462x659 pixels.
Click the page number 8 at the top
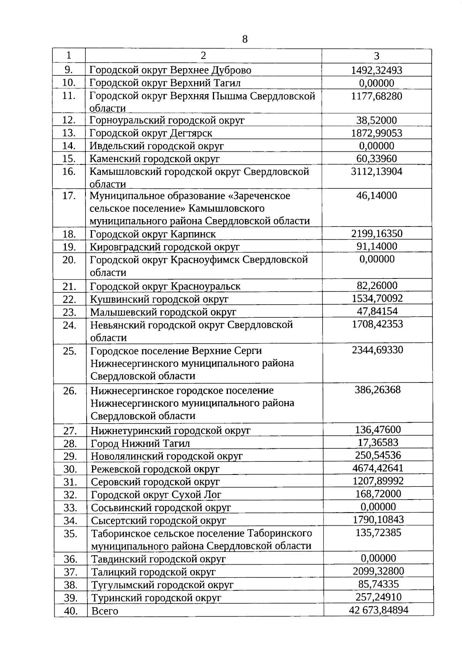(x=245, y=39)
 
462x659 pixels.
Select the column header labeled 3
(x=377, y=56)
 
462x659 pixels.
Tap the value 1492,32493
(x=377, y=70)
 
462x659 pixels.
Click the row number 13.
(x=69, y=133)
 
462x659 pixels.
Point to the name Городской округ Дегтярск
(x=151, y=133)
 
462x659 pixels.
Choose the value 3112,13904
(x=377, y=172)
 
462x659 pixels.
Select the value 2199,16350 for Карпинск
(x=377, y=234)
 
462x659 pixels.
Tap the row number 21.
(x=69, y=286)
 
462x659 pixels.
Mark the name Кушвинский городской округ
(x=159, y=299)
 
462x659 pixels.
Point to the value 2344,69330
(x=377, y=350)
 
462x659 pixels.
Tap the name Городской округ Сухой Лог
(x=156, y=495)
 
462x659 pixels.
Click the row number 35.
(x=70, y=534)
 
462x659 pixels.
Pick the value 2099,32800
(x=378, y=571)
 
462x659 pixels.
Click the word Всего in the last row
(x=104, y=611)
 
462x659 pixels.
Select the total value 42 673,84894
(x=378, y=610)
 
